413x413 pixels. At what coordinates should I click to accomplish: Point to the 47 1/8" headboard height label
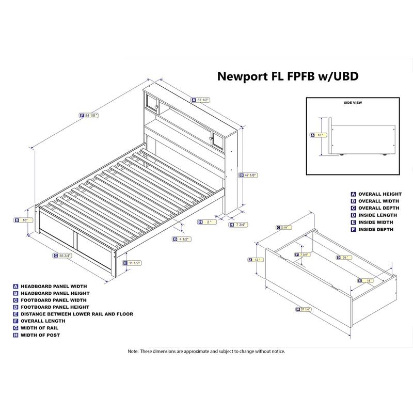tap(250, 175)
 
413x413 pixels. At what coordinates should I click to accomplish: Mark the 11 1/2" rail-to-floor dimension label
tap(134, 263)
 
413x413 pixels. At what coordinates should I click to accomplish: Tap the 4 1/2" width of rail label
tap(184, 239)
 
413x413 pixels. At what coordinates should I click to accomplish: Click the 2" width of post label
tap(207, 222)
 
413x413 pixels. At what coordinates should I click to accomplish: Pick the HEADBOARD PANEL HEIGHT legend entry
tap(54, 293)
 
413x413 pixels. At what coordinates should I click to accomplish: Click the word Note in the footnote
tap(133, 351)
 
